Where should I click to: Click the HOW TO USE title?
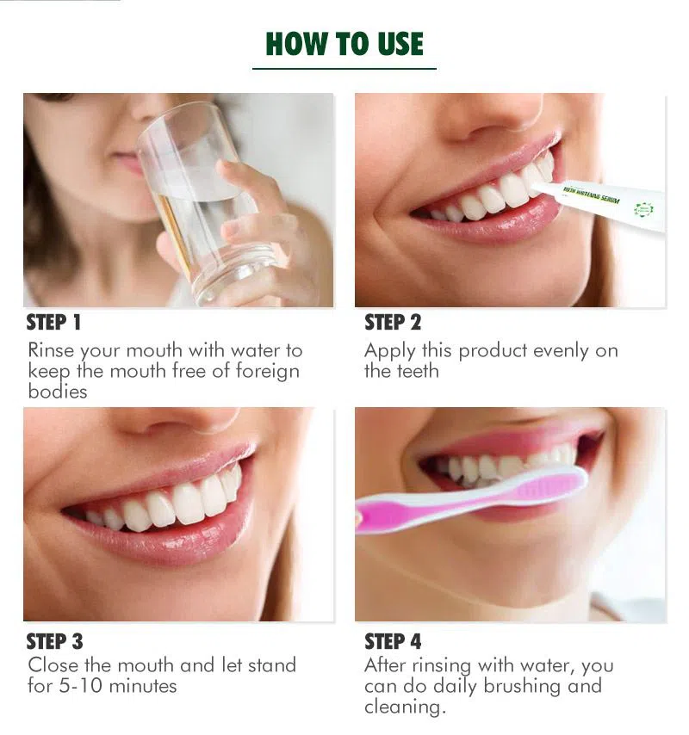click(x=344, y=43)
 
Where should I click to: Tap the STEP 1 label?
click(x=53, y=323)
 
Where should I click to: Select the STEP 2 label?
click(x=393, y=323)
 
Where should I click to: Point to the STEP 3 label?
click(x=54, y=641)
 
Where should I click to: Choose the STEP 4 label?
click(x=393, y=641)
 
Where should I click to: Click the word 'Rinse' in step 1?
click(x=51, y=350)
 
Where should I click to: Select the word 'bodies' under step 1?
click(x=58, y=392)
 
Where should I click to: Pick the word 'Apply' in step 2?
click(x=390, y=351)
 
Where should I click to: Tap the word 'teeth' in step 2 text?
click(x=418, y=371)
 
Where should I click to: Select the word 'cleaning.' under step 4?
click(x=405, y=707)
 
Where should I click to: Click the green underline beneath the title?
click(x=344, y=68)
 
